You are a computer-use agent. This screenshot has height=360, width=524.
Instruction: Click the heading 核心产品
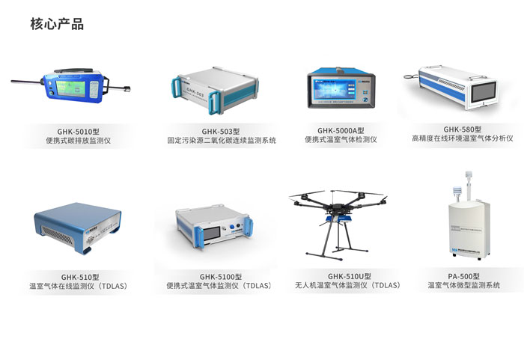click(57, 24)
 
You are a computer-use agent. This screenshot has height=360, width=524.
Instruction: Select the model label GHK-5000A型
click(341, 129)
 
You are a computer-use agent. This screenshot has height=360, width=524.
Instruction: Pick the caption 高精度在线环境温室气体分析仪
click(463, 139)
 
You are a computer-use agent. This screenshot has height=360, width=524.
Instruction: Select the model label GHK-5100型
click(219, 277)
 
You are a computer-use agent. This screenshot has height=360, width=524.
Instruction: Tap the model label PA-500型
click(464, 276)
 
